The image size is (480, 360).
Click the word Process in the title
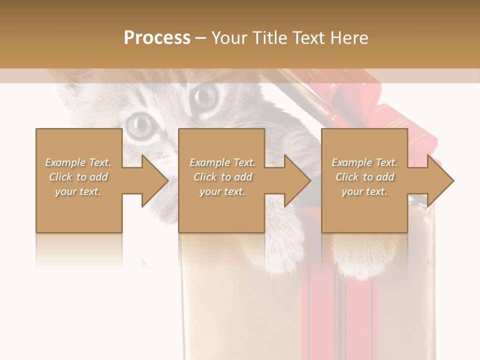(x=157, y=38)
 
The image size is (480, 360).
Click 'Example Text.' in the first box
(x=78, y=162)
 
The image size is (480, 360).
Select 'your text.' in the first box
(x=78, y=191)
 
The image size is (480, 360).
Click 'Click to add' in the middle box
(x=222, y=177)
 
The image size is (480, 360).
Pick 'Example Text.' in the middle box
(x=222, y=162)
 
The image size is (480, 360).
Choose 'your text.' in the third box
(x=364, y=191)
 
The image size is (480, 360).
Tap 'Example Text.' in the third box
(x=364, y=162)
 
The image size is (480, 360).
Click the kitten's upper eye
(x=205, y=93)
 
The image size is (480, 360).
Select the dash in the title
(x=201, y=38)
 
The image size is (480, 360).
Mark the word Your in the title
(x=228, y=38)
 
